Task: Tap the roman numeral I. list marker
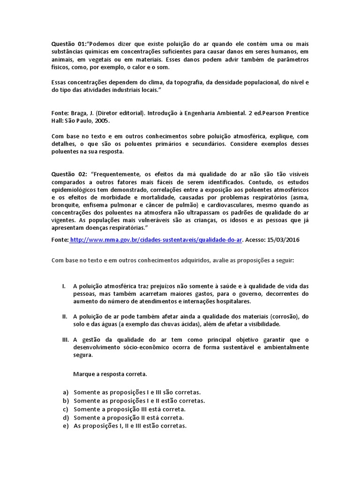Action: (x=64, y=286)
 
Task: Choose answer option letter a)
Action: (x=65, y=392)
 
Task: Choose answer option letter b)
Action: (x=65, y=401)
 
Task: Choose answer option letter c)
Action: (x=65, y=409)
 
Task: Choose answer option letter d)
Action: (x=65, y=418)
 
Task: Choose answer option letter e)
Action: (x=65, y=426)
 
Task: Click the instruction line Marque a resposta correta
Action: (x=110, y=374)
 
